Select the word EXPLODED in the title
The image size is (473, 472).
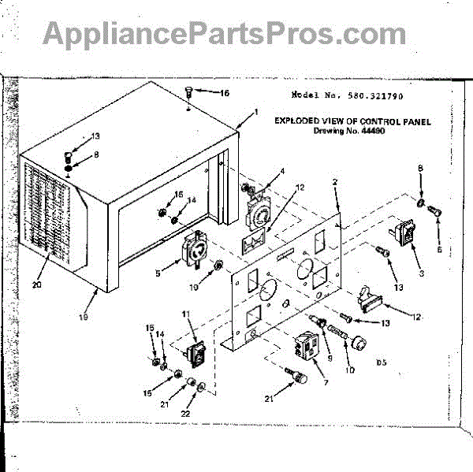coord(298,121)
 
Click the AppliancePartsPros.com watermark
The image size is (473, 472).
coord(225,33)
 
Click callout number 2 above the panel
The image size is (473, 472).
coord(335,182)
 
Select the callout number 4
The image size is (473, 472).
coord(281,171)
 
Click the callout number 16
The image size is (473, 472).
coord(225,93)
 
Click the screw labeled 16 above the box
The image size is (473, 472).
coord(188,92)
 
